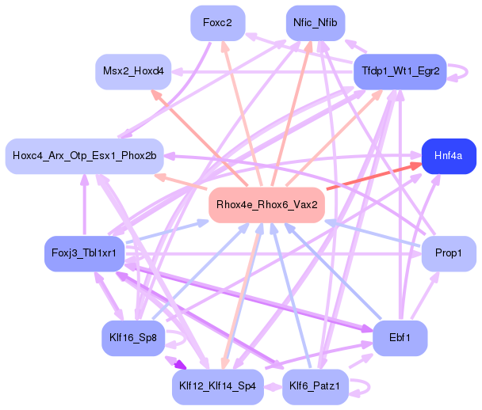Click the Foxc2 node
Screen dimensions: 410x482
coord(217,23)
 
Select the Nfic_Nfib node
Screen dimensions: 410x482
coord(315,23)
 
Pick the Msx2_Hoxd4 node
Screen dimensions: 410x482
coord(134,71)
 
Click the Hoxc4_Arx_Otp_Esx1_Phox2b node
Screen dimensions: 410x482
coord(84,154)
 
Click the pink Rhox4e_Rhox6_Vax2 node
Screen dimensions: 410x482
coord(267,204)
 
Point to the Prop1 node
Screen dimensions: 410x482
coord(449,253)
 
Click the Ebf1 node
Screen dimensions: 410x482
coord(400,337)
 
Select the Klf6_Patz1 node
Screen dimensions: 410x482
coord(315,386)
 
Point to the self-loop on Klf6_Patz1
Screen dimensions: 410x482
coord(361,388)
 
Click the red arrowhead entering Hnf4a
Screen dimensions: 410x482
coord(413,165)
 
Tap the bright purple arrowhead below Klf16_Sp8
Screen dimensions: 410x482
coord(180,365)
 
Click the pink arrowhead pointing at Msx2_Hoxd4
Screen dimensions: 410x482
coord(156,93)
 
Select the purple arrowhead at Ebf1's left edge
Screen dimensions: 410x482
coord(367,332)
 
